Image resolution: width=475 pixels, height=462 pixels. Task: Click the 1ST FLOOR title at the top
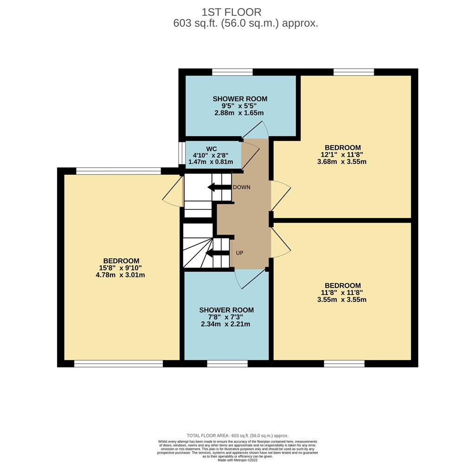tap(231, 12)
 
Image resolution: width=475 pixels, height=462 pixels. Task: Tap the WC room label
tap(212, 149)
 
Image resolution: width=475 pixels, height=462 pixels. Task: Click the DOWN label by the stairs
tap(241, 187)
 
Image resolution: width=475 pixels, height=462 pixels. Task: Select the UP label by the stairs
tap(239, 253)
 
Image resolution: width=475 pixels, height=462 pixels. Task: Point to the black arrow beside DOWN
tap(219, 187)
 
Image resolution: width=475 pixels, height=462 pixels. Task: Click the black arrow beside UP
tap(217, 253)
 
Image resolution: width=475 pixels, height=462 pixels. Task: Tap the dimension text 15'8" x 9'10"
tap(120, 268)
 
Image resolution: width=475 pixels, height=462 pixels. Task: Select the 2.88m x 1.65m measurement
tap(239, 113)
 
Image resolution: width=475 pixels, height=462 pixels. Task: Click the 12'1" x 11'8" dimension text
tap(342, 154)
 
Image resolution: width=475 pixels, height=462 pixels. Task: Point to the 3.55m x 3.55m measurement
tap(342, 300)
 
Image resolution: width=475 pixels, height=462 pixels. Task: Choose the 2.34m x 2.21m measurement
tap(225, 324)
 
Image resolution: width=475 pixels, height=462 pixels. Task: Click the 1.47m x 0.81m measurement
tap(211, 162)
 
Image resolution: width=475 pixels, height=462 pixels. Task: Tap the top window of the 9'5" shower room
tap(232, 72)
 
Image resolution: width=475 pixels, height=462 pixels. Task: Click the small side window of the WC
tap(182, 153)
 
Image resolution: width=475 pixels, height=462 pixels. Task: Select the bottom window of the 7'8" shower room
tap(227, 364)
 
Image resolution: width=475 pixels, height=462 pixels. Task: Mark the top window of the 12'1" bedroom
tap(354, 72)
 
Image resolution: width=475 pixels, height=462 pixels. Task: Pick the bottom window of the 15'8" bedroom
tap(119, 364)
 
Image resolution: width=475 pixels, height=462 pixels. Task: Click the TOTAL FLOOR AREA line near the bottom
tap(237, 436)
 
